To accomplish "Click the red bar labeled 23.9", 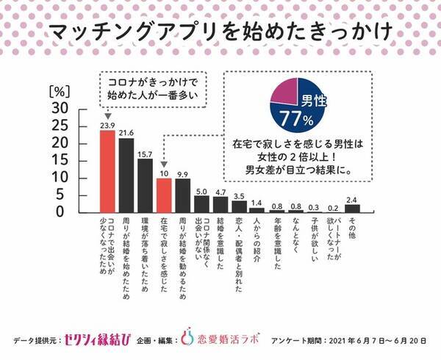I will coord(107,170).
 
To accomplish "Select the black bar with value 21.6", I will coord(126,175).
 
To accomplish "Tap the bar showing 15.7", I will coord(145,185).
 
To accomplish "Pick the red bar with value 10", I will coord(164,195).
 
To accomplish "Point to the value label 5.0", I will coord(201,190).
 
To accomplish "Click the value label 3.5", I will coord(239,195).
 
